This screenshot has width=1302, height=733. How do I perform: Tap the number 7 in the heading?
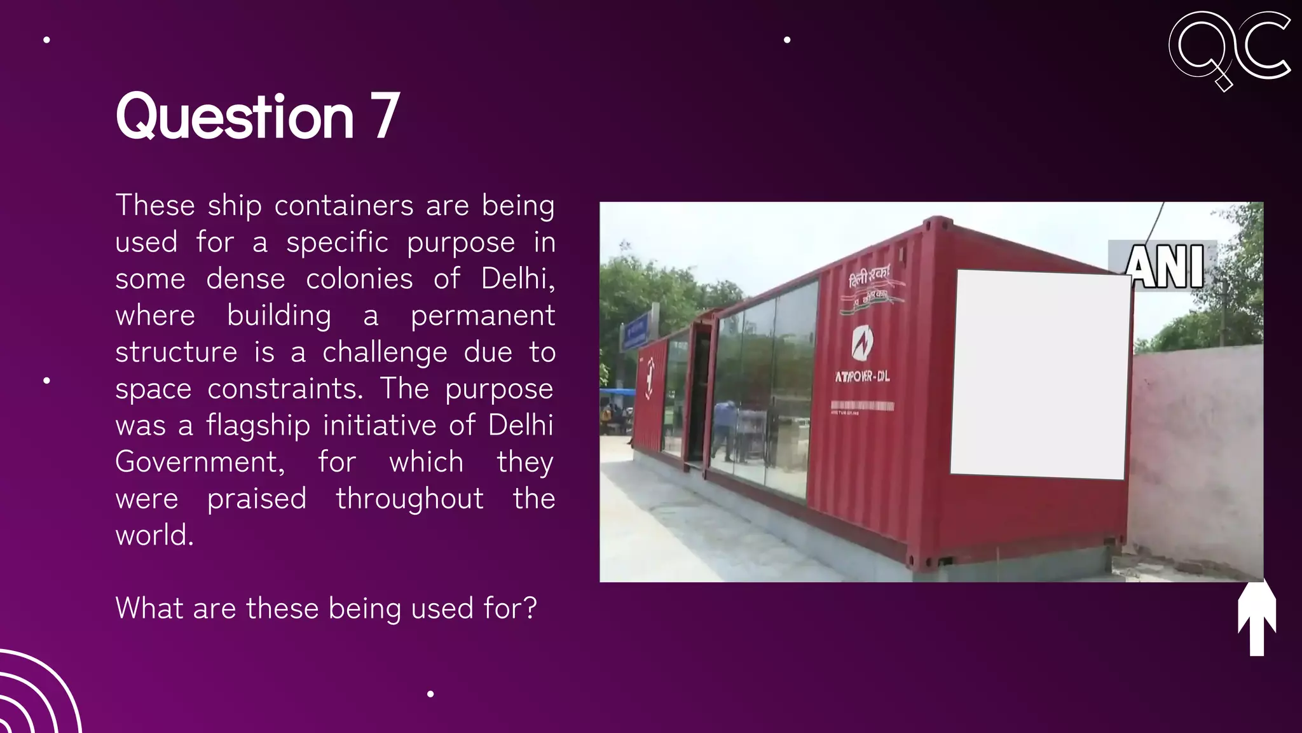[x=385, y=116]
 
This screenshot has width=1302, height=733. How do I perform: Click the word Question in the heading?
[x=234, y=117]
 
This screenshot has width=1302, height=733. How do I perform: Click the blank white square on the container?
[x=1040, y=374]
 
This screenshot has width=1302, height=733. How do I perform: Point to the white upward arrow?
[x=1256, y=618]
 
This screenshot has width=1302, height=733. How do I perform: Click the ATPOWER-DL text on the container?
[x=862, y=377]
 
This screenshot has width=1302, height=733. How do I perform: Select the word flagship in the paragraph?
[x=258, y=426]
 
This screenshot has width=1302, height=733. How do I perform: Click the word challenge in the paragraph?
[x=385, y=353]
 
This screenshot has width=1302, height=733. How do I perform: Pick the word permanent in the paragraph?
[x=483, y=316]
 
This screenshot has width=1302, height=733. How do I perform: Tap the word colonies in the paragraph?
[x=359, y=279]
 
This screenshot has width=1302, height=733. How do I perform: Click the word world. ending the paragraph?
[x=154, y=535]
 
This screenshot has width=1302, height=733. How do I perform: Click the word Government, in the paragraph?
[x=200, y=462]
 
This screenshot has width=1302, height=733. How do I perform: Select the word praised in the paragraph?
[x=257, y=499]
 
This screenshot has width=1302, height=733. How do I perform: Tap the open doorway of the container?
[x=699, y=394]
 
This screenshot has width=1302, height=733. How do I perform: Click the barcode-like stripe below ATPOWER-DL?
[x=862, y=406]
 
